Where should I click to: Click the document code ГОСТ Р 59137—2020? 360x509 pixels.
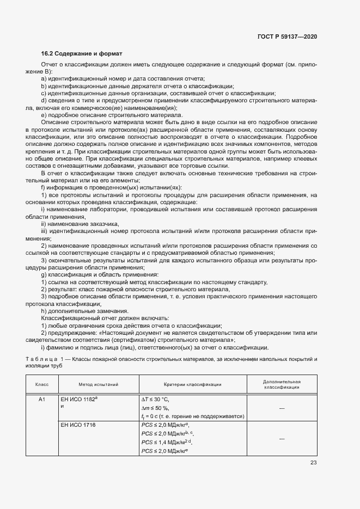pyautogui.click(x=286, y=36)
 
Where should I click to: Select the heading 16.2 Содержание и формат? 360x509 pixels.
pyautogui.click(x=82, y=54)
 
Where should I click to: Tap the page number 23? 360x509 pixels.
pyautogui.click(x=313, y=463)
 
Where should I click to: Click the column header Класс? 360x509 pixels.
pyautogui.click(x=42, y=384)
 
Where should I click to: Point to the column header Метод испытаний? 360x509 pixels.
pyautogui.click(x=98, y=384)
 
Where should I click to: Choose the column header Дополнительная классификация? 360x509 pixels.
pyautogui.click(x=282, y=384)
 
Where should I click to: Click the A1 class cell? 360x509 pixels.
pyautogui.click(x=42, y=399)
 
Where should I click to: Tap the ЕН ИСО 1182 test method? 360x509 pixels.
pyautogui.click(x=78, y=399)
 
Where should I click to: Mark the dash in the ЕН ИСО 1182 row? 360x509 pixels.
pyautogui.click(x=282, y=408)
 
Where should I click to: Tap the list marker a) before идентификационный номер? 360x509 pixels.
pyautogui.click(x=44, y=79)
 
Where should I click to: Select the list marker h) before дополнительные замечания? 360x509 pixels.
pyautogui.click(x=44, y=311)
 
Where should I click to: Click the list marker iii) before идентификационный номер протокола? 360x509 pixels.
pyautogui.click(x=45, y=231)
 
